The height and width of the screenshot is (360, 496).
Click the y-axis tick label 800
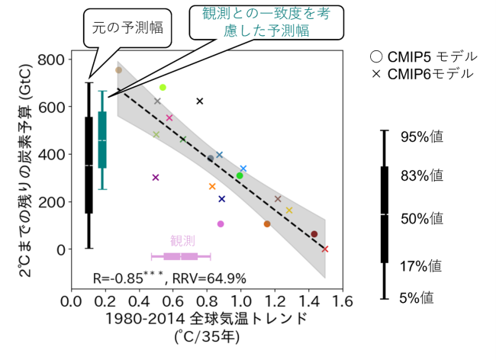[50, 59]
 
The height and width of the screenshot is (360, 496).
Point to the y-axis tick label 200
[50, 202]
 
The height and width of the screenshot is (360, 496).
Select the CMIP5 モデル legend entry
[422, 56]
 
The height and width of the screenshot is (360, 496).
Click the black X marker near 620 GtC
[200, 101]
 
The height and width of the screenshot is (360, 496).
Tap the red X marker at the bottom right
[325, 249]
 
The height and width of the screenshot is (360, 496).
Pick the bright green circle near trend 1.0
[240, 175]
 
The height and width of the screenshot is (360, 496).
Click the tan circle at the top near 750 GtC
[118, 70]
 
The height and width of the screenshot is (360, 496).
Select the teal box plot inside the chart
[102, 140]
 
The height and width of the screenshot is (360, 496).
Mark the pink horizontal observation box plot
[181, 256]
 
